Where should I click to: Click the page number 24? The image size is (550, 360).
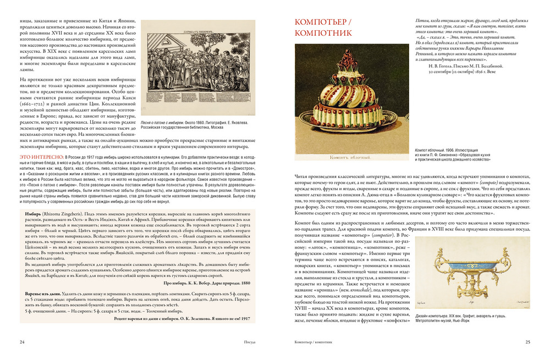[22, 342]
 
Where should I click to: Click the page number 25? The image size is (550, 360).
[527, 342]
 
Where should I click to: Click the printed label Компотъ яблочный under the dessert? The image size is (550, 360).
[350, 156]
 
